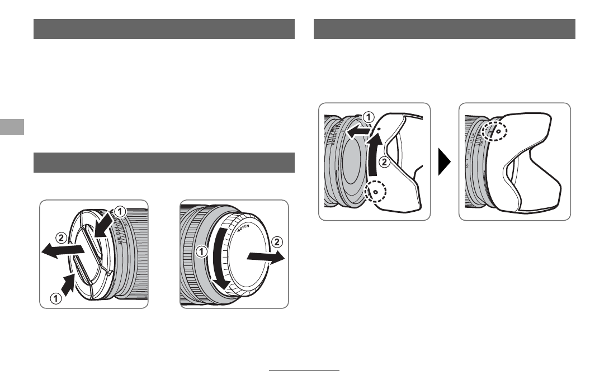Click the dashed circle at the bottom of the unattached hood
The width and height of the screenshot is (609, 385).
tap(375, 192)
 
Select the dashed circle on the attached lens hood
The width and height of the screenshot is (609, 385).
tap(497, 130)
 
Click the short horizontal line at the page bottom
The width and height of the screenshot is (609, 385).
tap(304, 370)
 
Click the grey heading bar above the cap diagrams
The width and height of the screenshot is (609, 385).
tap(164, 163)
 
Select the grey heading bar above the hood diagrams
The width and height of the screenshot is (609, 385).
tap(445, 29)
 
